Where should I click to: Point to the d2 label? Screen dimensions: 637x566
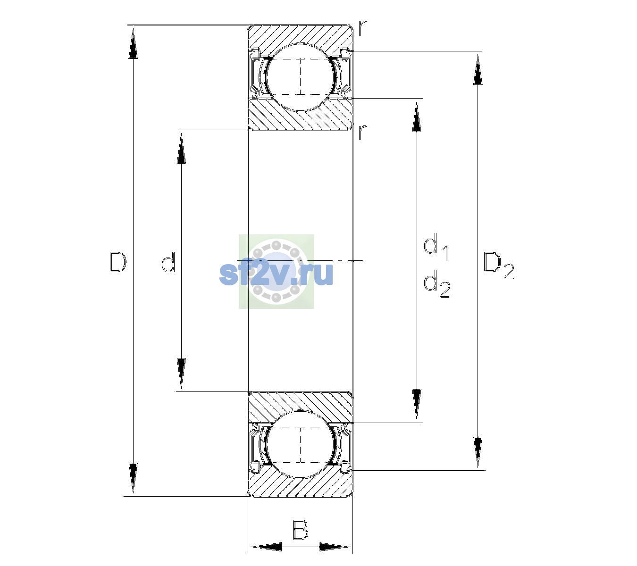(437, 284)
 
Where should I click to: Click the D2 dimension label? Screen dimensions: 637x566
(498, 266)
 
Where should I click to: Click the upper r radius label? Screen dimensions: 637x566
(362, 28)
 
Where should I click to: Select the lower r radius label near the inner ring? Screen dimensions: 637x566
(362, 132)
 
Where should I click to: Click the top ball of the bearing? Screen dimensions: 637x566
(300, 77)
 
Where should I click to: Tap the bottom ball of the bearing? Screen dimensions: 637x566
(300, 444)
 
